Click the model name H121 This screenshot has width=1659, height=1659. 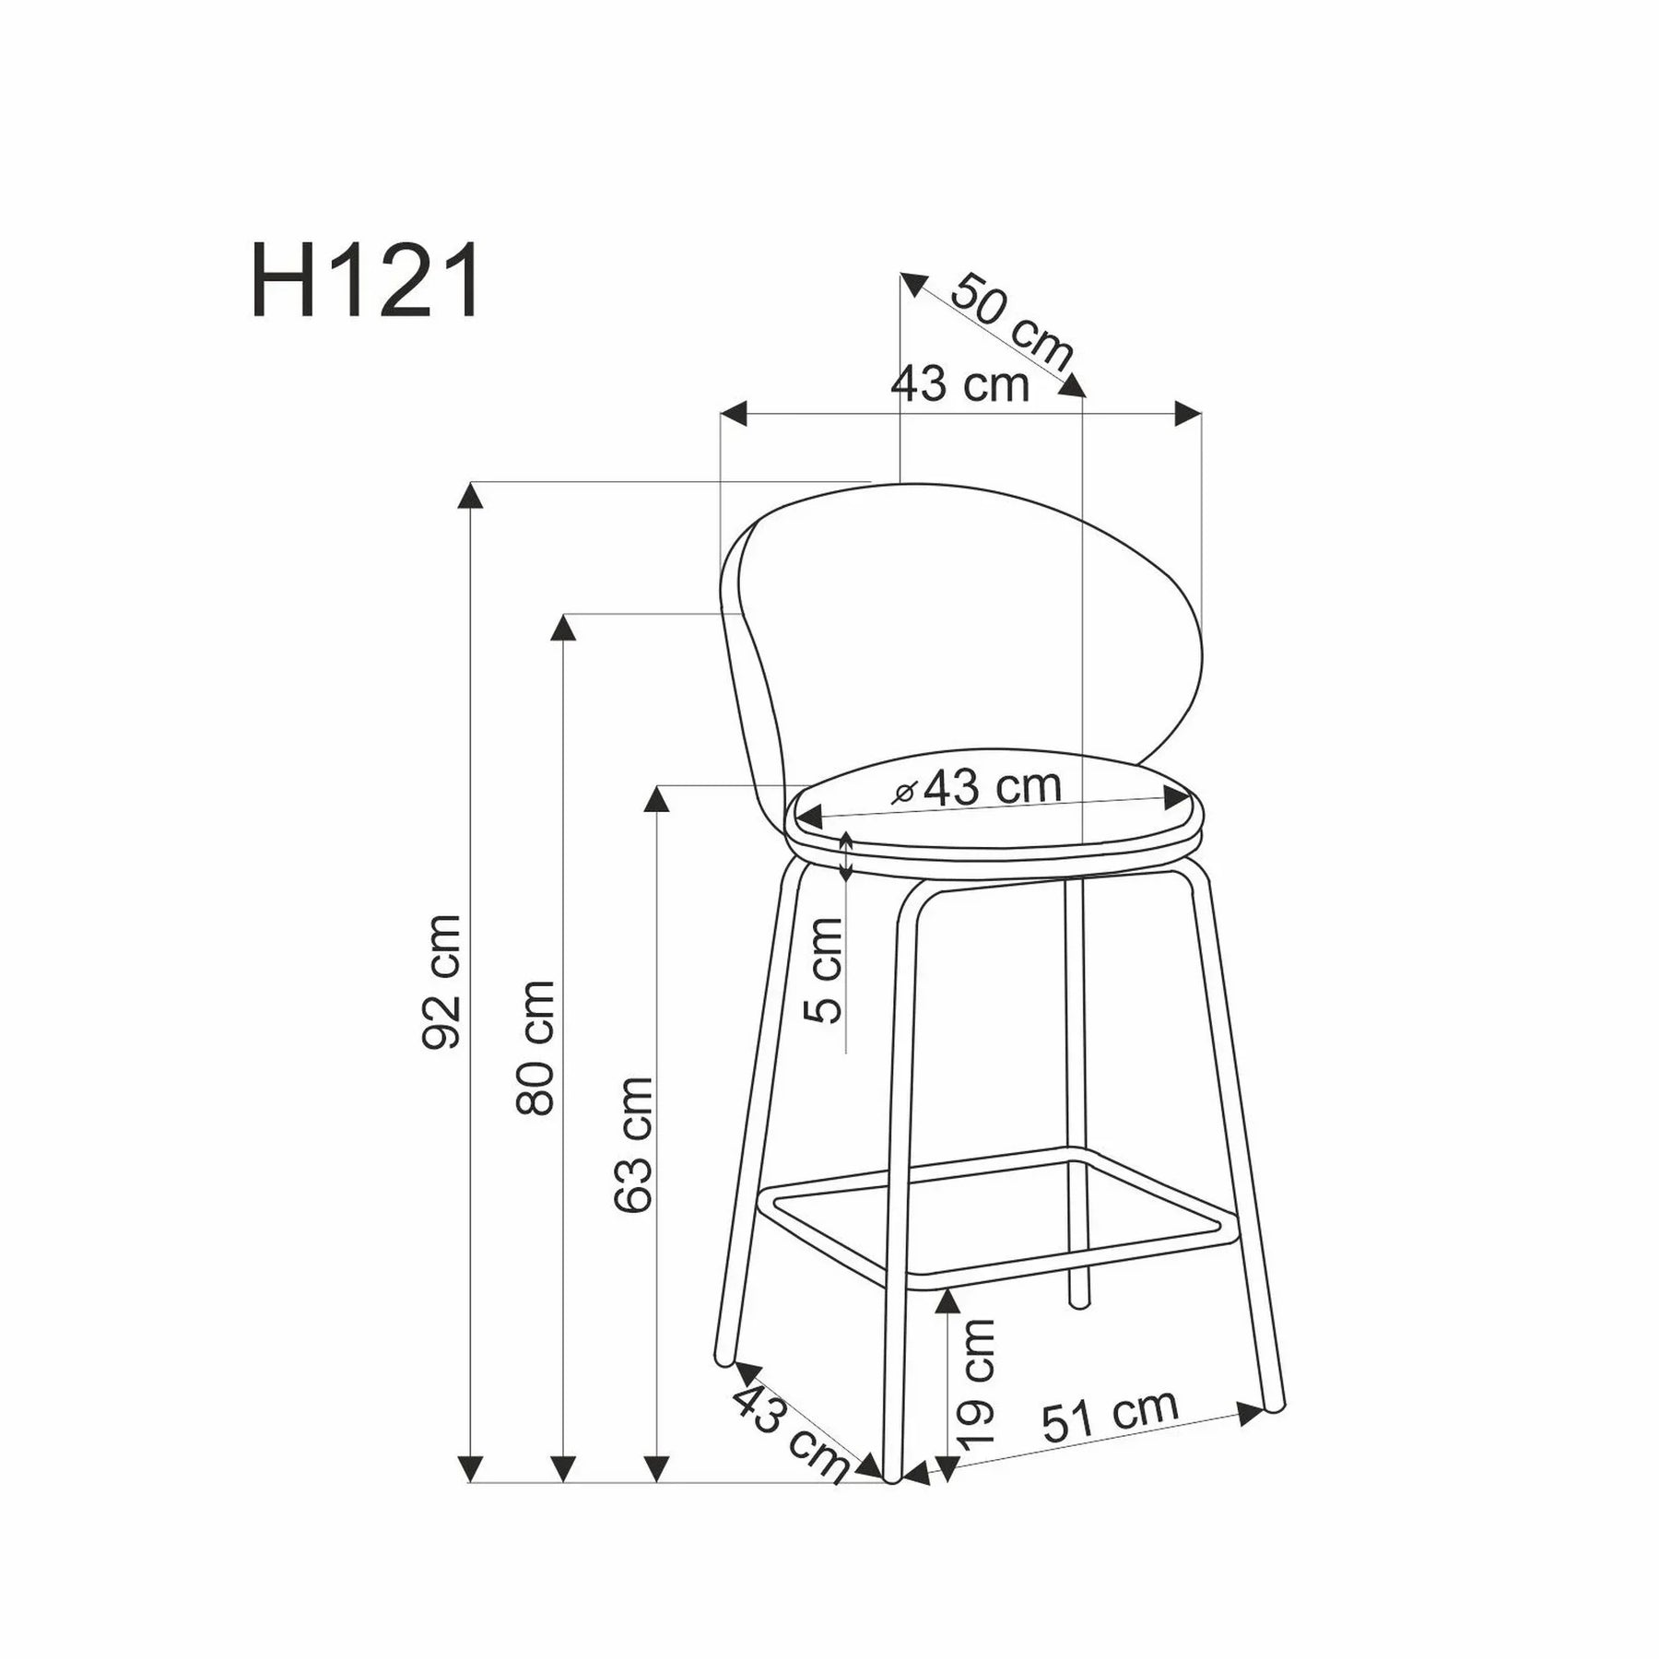[x=365, y=282]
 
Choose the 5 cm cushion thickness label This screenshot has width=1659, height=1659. [x=824, y=971]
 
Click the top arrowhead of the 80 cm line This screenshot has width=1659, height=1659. [x=562, y=629]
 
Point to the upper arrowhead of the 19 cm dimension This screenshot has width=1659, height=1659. [x=947, y=1301]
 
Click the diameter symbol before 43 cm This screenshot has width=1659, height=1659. [x=904, y=793]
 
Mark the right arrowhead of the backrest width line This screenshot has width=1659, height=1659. [x=1189, y=414]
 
